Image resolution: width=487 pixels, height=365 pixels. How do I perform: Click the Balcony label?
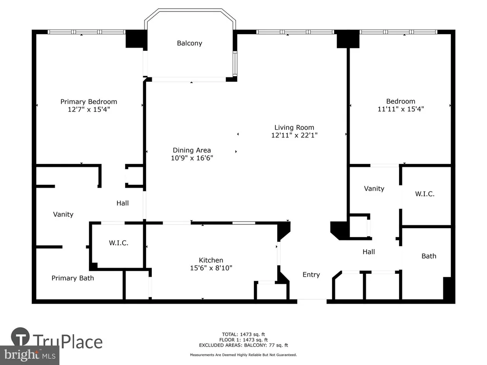click(189, 43)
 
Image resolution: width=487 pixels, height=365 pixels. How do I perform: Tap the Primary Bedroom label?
click(88, 102)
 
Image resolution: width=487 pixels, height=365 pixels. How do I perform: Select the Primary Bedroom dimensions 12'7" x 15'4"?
click(89, 109)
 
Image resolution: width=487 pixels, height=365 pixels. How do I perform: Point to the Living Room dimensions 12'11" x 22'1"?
click(294, 135)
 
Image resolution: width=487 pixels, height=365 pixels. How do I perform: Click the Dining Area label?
click(192, 150)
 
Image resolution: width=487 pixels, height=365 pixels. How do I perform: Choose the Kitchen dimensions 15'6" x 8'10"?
click(211, 268)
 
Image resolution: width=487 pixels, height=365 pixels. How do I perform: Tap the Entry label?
click(311, 275)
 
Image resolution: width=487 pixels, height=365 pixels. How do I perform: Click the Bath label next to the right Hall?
click(429, 256)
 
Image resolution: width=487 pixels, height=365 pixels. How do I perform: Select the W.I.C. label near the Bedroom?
click(425, 194)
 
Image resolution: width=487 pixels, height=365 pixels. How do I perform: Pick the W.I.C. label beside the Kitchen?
click(118, 243)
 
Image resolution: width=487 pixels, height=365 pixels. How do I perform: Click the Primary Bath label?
click(73, 278)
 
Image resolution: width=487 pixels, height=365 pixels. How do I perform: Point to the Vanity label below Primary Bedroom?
click(63, 214)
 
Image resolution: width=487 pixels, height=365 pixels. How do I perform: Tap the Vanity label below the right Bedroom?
click(374, 189)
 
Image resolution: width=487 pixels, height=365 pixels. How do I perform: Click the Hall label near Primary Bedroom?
click(122, 203)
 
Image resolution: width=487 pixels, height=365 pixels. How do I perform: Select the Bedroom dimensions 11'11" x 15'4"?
click(400, 109)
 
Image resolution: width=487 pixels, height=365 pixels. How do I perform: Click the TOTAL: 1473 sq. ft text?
click(243, 334)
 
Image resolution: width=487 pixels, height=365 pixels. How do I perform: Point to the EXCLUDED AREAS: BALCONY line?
click(243, 345)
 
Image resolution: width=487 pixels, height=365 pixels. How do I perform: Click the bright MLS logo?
click(30, 355)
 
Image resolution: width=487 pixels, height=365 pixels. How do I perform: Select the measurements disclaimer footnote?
click(243, 355)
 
